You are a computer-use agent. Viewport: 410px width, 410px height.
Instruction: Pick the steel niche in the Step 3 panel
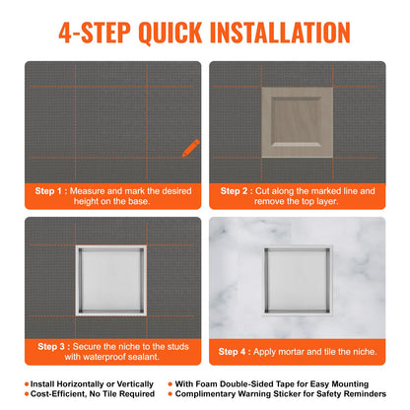[x=110, y=278]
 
